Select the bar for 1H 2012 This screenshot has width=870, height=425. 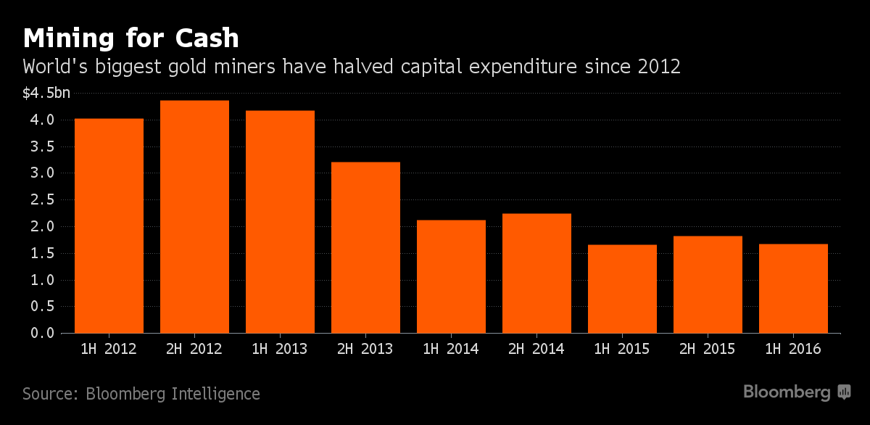tap(109, 226)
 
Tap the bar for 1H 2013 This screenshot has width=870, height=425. tap(280, 221)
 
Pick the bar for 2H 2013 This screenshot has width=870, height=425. tap(365, 247)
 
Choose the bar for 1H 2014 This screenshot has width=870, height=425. tap(451, 276)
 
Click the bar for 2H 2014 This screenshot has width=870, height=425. tap(536, 273)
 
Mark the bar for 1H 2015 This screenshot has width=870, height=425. tap(622, 289)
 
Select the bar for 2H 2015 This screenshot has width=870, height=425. tap(708, 284)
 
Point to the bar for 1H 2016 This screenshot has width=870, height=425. tap(793, 288)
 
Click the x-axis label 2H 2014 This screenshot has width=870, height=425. tap(536, 350)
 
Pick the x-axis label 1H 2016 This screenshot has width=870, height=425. tap(793, 350)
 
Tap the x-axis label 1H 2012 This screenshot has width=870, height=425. tap(109, 350)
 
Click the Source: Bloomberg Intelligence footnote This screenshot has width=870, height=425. tap(141, 394)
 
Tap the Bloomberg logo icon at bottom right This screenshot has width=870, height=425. tap(844, 392)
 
